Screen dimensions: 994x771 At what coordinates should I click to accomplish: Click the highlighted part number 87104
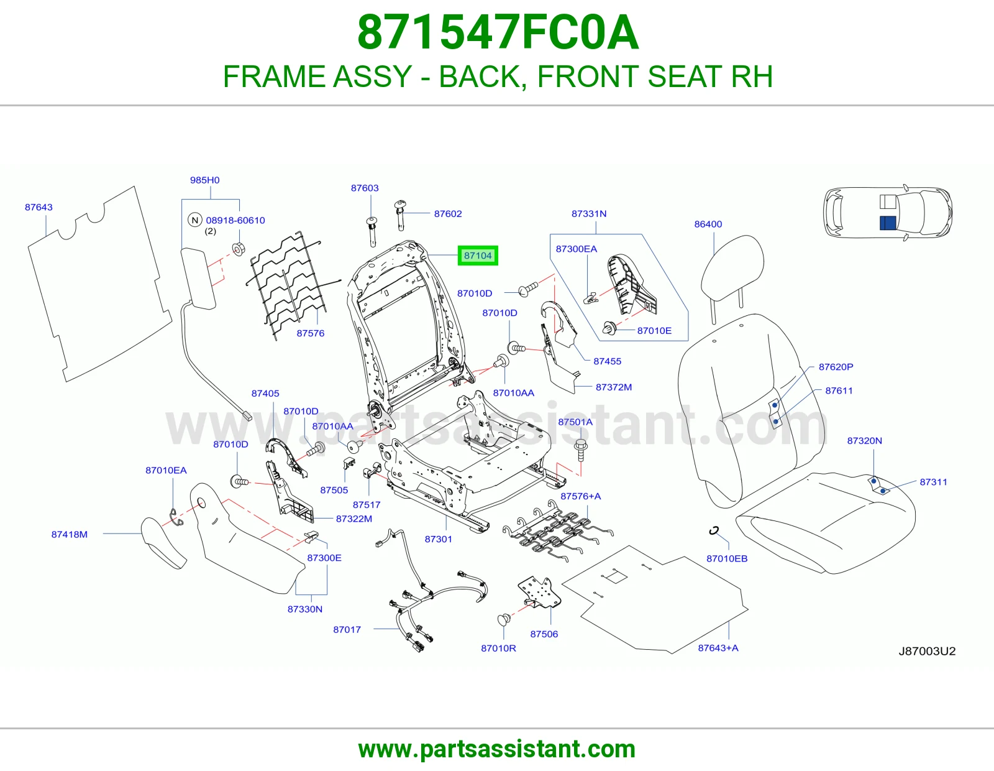[x=478, y=256]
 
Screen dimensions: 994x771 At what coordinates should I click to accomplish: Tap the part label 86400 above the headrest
[x=708, y=224]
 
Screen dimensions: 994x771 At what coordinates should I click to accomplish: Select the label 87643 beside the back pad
[x=39, y=207]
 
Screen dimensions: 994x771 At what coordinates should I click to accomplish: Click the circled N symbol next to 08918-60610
[x=195, y=220]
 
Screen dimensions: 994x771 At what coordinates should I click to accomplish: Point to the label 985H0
[x=204, y=180]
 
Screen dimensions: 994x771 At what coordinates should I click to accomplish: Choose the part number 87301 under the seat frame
[x=438, y=539]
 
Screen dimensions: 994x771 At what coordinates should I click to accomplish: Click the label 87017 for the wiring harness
[x=347, y=629]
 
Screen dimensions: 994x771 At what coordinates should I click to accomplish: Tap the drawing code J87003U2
[x=927, y=651]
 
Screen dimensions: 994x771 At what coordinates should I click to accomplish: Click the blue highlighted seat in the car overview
[x=888, y=223]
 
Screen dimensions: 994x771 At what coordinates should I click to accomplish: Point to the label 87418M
[x=69, y=534]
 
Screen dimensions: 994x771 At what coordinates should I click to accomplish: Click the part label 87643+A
[x=718, y=648]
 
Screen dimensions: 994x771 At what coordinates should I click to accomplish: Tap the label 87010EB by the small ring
[x=727, y=558]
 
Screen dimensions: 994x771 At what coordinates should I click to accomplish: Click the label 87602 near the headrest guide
[x=448, y=214]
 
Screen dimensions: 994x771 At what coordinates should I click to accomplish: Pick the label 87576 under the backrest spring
[x=310, y=333]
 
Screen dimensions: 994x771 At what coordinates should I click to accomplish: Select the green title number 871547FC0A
[x=498, y=32]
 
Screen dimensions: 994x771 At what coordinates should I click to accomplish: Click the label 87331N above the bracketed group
[x=589, y=214]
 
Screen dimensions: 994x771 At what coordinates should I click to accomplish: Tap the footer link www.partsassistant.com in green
[x=497, y=749]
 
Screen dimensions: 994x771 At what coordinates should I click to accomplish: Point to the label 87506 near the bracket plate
[x=544, y=634]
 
